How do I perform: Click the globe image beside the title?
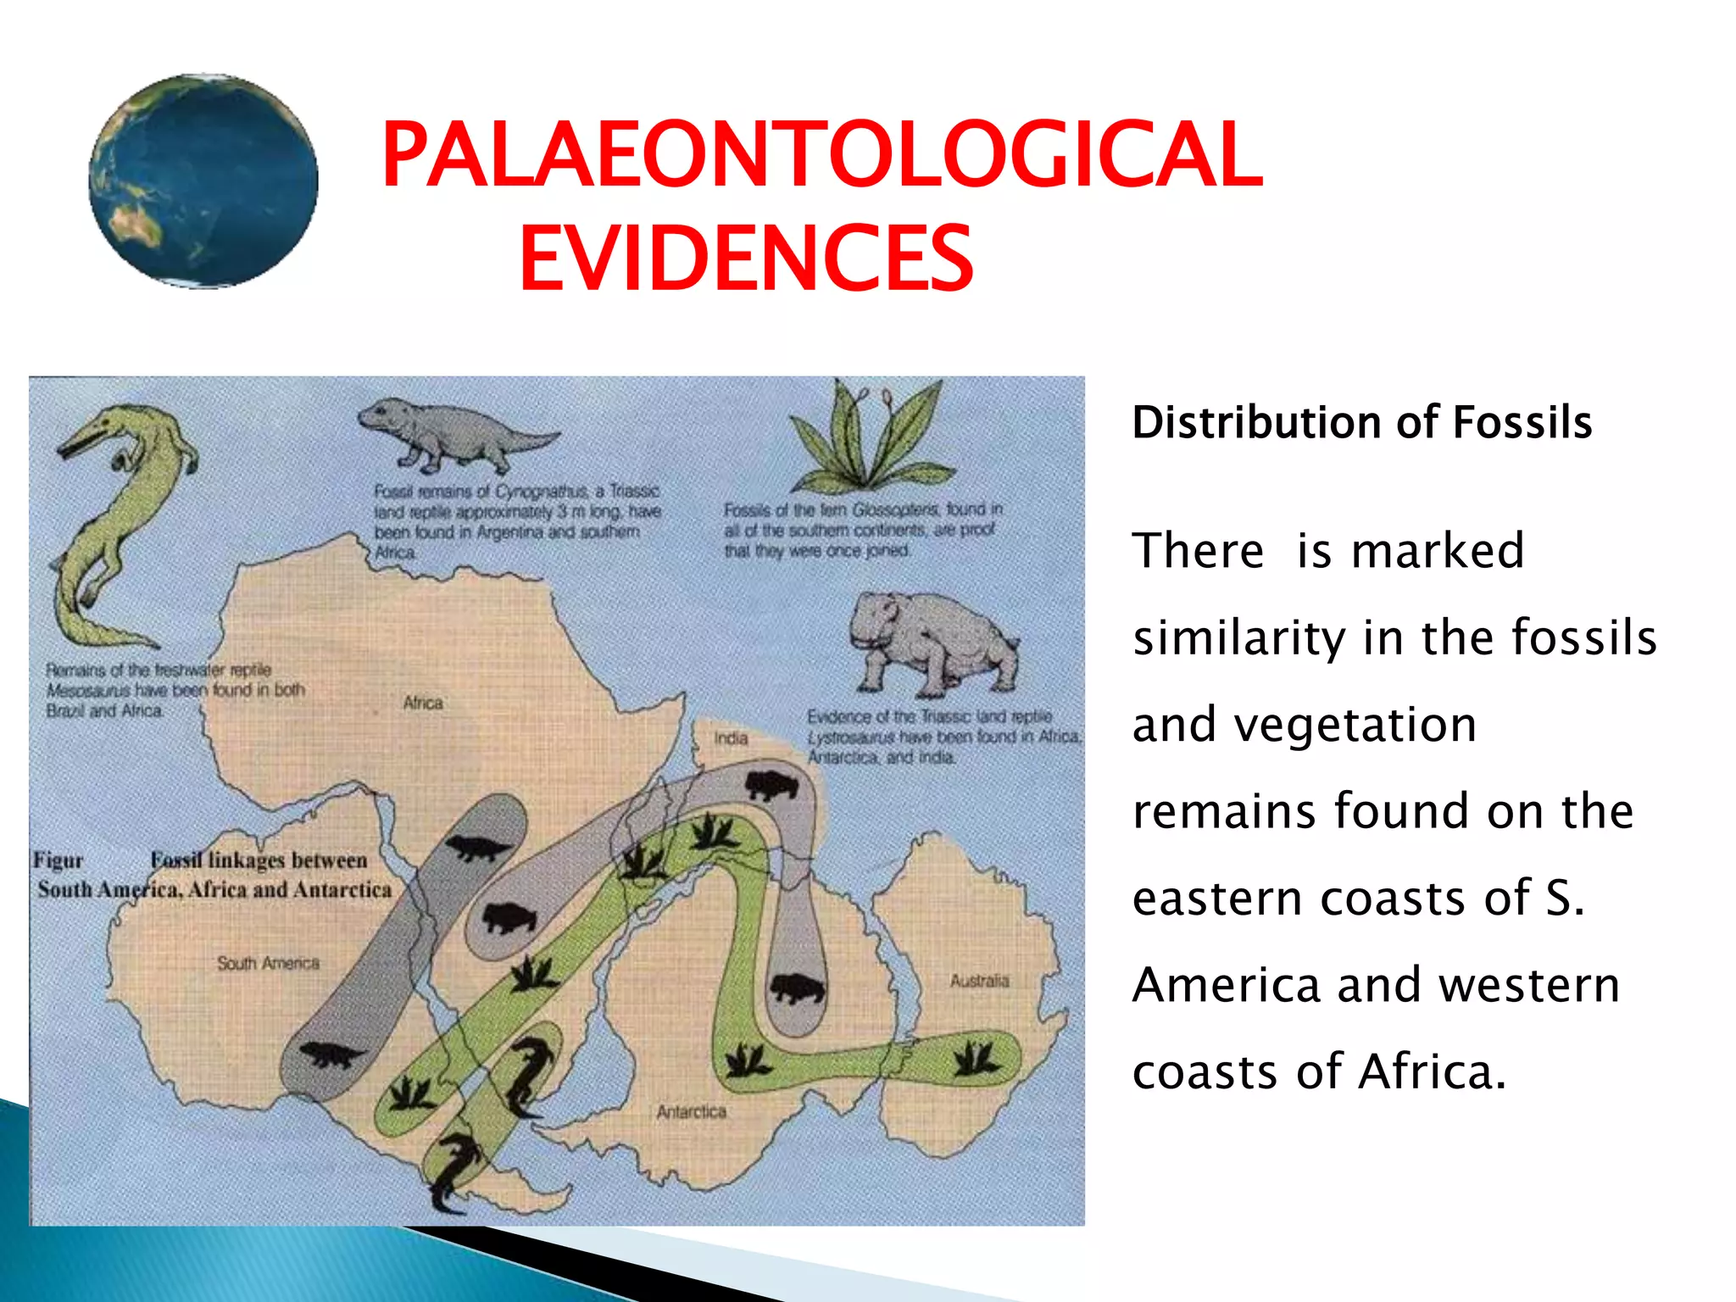click(203, 181)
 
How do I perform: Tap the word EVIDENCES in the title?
click(746, 259)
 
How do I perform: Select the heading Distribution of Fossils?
click(1361, 422)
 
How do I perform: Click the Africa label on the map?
click(423, 703)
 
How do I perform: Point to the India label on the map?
click(731, 738)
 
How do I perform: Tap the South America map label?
click(268, 963)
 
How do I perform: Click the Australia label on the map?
click(979, 981)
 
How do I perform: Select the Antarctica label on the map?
click(691, 1111)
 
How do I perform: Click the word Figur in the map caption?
click(58, 860)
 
